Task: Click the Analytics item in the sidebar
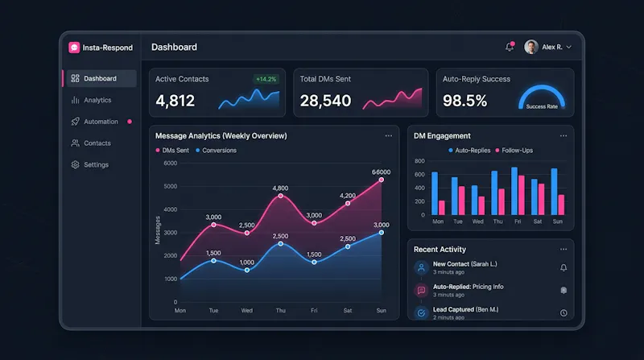pyautogui.click(x=91, y=100)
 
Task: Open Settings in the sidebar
pyautogui.click(x=90, y=165)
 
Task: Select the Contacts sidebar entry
pyautogui.click(x=91, y=143)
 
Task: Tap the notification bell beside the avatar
pyautogui.click(x=510, y=47)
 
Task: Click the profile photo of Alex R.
pyautogui.click(x=531, y=47)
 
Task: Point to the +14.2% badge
pyautogui.click(x=266, y=79)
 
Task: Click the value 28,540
pyautogui.click(x=326, y=101)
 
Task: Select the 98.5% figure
pyautogui.click(x=464, y=101)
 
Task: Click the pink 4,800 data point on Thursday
pyautogui.click(x=280, y=196)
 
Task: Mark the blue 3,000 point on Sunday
pyautogui.click(x=381, y=233)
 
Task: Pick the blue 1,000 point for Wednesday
pyautogui.click(x=247, y=270)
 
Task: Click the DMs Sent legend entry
pyautogui.click(x=172, y=151)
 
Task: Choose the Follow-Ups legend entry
pyautogui.click(x=514, y=151)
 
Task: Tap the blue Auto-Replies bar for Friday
pyautogui.click(x=514, y=191)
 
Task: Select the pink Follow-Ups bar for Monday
pyautogui.click(x=441, y=208)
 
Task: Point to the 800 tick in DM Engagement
pyautogui.click(x=419, y=161)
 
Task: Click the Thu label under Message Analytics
pyautogui.click(x=280, y=311)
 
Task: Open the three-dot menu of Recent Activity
pyautogui.click(x=563, y=249)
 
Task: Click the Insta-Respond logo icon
pyautogui.click(x=74, y=48)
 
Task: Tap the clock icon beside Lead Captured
pyautogui.click(x=563, y=313)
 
